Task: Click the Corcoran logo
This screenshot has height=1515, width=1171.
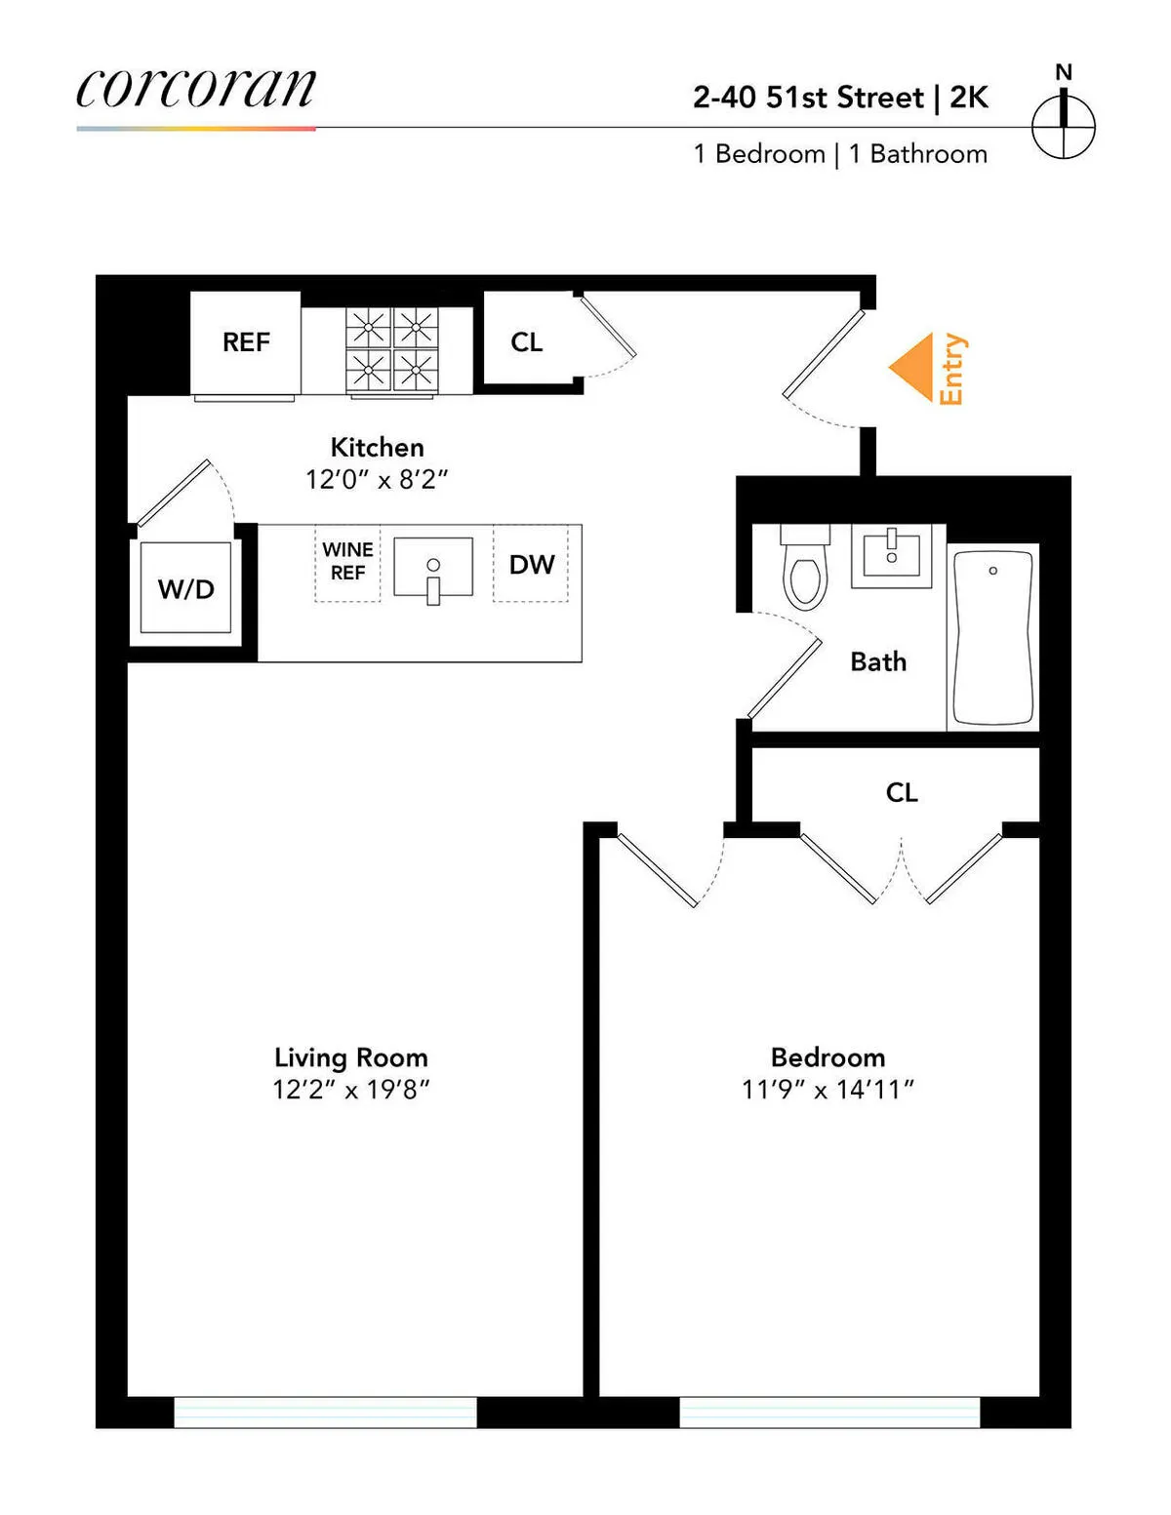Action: [196, 90]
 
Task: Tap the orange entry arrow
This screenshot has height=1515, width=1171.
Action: [913, 368]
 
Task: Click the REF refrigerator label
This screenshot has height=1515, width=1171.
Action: [246, 342]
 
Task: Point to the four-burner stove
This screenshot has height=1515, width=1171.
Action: [392, 349]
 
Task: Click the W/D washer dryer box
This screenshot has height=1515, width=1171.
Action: [185, 588]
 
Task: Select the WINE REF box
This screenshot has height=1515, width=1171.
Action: [347, 563]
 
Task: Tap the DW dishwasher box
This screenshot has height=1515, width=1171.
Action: [531, 565]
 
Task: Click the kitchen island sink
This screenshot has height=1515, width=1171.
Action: [433, 567]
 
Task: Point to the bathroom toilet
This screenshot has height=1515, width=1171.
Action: [805, 572]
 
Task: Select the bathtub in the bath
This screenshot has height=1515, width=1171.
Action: [992, 637]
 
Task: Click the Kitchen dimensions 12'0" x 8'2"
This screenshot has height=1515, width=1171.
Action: [377, 480]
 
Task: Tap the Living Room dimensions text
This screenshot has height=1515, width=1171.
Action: [351, 1090]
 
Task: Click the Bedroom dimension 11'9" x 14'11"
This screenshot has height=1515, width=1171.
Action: [828, 1090]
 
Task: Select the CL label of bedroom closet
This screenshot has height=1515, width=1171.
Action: [901, 792]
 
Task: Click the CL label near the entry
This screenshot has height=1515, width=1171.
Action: [526, 342]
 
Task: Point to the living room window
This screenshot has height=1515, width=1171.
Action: [325, 1412]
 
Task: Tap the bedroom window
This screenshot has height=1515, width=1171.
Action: [829, 1412]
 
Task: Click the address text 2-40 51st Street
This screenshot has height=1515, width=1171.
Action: [808, 98]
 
